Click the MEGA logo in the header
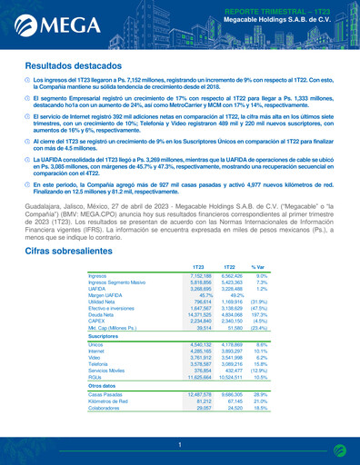coord(50,20)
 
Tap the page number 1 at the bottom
coord(180,444)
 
